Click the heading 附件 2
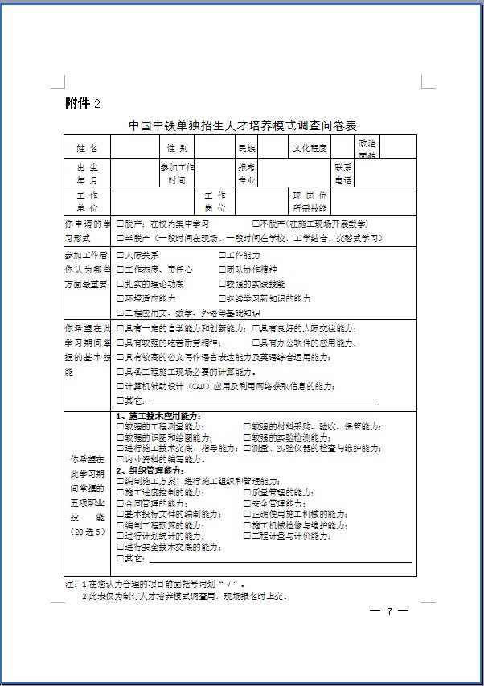[x=83, y=103]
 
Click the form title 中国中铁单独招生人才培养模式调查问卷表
[x=241, y=126]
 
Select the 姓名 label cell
[x=88, y=148]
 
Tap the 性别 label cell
[x=177, y=148]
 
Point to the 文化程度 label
[x=310, y=148]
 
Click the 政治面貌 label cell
[x=367, y=148]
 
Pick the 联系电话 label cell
[x=343, y=173]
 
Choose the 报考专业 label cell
[x=246, y=173]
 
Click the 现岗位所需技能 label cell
[x=310, y=201]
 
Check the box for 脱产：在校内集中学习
[x=120, y=224]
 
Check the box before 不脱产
[x=256, y=224]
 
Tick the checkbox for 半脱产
[x=120, y=238]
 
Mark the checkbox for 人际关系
[x=120, y=255]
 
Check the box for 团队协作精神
[x=222, y=269]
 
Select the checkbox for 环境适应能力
[x=120, y=298]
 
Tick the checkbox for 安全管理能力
[x=247, y=503]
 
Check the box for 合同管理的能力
[x=120, y=503]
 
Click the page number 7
[x=388, y=612]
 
